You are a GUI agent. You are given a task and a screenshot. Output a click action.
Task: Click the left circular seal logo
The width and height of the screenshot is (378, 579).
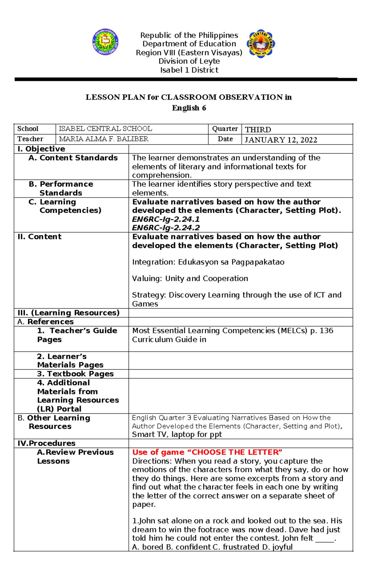point(105,42)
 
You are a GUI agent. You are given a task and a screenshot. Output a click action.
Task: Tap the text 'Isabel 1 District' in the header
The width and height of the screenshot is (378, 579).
point(189,70)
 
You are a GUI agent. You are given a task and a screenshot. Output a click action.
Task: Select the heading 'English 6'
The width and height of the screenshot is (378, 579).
point(189,108)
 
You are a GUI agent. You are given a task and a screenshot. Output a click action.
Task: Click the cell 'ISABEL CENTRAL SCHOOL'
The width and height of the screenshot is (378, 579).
point(106,129)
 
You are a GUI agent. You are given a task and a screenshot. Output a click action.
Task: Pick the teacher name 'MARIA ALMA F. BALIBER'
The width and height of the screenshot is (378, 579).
point(104,139)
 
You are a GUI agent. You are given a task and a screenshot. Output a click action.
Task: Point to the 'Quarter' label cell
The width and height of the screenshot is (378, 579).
point(225,129)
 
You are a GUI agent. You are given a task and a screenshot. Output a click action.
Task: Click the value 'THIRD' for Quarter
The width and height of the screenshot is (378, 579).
point(258,130)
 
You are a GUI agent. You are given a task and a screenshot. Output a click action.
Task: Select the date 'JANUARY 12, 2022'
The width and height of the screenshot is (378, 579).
point(281,140)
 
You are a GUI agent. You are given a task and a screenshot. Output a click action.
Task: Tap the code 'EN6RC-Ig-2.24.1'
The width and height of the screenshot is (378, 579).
point(166,219)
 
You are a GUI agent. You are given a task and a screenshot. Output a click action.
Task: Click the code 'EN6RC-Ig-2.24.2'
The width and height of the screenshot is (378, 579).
point(166,228)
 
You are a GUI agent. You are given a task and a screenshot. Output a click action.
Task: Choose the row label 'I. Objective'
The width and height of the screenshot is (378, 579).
point(41,149)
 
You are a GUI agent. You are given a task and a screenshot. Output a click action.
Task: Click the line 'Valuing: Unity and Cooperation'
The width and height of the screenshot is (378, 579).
point(190,279)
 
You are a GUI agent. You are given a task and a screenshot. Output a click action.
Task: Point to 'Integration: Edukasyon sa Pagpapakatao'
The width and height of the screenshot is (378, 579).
point(208,262)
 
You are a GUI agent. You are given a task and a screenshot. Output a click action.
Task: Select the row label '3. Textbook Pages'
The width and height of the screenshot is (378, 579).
point(75,374)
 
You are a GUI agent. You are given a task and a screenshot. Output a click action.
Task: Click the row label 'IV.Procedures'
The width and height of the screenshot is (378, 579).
point(47,443)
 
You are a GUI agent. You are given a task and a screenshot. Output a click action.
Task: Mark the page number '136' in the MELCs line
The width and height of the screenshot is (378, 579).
point(326,331)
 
